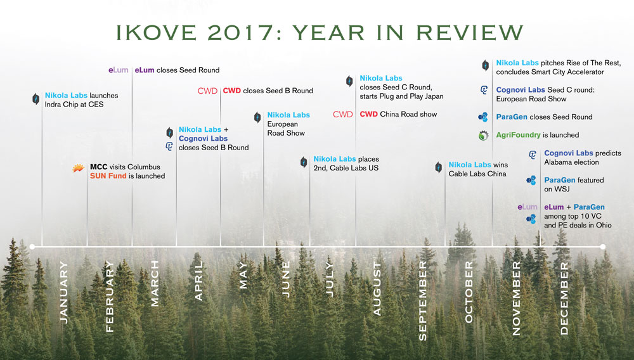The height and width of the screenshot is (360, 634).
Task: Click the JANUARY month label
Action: coord(63,292)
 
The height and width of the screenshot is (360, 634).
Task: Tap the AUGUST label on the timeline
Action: coord(377,288)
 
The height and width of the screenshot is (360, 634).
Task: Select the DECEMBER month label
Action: coord(564,298)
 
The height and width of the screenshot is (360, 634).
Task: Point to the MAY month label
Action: coord(243,275)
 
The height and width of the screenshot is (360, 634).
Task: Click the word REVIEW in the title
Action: coord(470,33)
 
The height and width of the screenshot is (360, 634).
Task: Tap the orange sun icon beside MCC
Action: coord(79,168)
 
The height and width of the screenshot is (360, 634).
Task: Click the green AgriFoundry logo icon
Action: coord(484,136)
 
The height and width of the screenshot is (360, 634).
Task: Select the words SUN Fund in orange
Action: coord(108,176)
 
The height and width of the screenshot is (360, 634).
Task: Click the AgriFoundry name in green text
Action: coord(518,135)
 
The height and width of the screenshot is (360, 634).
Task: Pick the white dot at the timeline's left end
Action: coord(32,247)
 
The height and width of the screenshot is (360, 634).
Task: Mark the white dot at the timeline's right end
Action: coord(603,247)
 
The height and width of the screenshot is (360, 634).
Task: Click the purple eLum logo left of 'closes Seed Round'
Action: coord(118,70)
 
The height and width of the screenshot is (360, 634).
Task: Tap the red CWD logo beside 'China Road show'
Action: coord(343,114)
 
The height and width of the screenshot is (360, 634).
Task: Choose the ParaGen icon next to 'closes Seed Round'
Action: coord(483,117)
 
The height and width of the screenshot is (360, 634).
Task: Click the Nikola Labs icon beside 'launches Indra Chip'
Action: coord(36,99)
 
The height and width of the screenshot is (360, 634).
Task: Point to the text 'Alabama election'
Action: coord(571,162)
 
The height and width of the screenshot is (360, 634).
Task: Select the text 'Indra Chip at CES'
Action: coord(74,105)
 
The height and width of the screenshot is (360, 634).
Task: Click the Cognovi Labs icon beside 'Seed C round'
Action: coord(484,90)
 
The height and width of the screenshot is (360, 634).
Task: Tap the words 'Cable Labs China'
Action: coord(477,174)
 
